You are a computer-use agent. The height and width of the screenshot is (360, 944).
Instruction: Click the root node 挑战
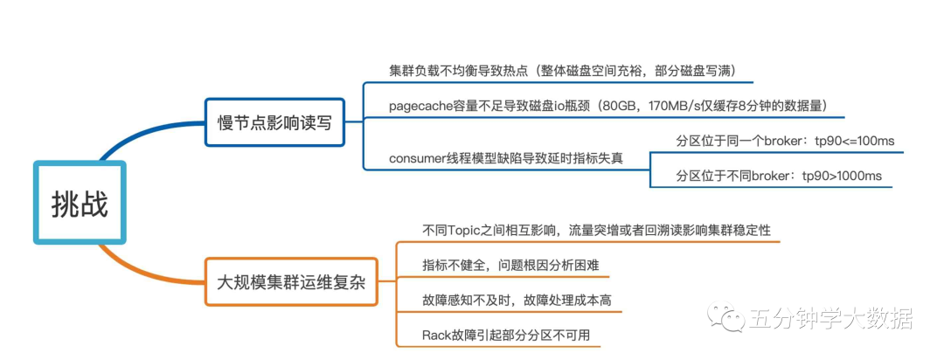coord(80,203)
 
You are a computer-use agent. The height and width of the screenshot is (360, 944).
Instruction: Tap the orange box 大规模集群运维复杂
coord(291,281)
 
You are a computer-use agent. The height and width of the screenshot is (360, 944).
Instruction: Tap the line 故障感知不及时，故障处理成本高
coord(517,300)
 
